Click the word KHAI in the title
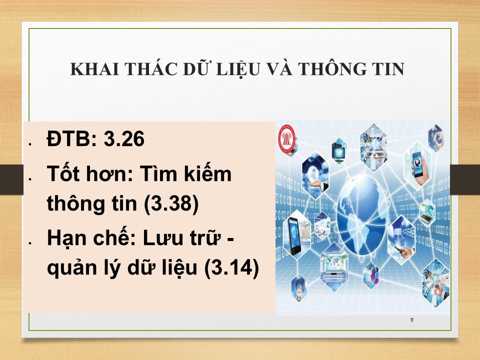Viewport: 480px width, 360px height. [x=94, y=69]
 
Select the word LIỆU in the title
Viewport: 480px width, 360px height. [x=238, y=69]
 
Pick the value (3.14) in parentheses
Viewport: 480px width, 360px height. [x=231, y=268]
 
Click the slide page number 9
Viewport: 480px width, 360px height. [x=411, y=320]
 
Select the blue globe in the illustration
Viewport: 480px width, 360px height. [x=362, y=215]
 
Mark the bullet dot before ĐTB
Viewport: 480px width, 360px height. [x=30, y=144]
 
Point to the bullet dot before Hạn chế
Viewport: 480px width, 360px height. [x=30, y=243]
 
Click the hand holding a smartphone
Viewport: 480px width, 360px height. [x=418, y=166]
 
